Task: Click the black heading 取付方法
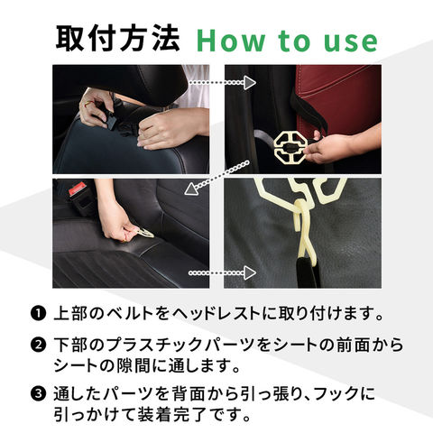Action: pyautogui.click(x=117, y=39)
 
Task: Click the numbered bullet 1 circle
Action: pyautogui.click(x=38, y=314)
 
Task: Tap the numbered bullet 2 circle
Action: pyautogui.click(x=38, y=345)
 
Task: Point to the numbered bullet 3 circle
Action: pyautogui.click(x=38, y=393)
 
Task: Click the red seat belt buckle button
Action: pyautogui.click(x=75, y=190)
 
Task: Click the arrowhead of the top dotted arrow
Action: pyautogui.click(x=249, y=83)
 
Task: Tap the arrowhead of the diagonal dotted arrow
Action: pyautogui.click(x=191, y=190)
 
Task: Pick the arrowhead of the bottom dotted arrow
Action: pyautogui.click(x=249, y=273)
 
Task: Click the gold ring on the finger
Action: pyautogui.click(x=88, y=105)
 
